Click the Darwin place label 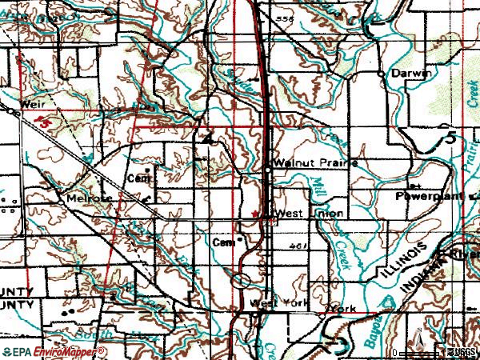[411, 73]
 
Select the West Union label [309, 214]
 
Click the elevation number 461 [299, 246]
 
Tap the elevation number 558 [278, 17]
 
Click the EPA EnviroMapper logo [53, 351]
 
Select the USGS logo [462, 351]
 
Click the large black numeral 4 [208, 138]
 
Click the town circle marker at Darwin [380, 73]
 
